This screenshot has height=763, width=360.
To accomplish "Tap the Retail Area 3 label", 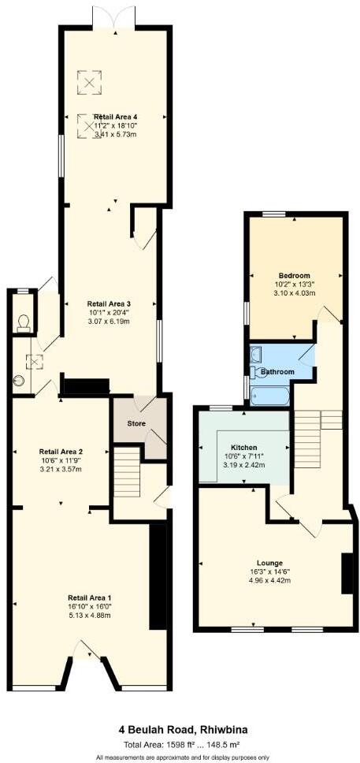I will (x=108, y=303).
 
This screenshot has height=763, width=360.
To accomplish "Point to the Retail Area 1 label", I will (x=89, y=597).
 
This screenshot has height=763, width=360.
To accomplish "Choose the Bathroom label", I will (x=277, y=371).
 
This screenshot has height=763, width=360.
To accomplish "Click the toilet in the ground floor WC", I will (x=23, y=321).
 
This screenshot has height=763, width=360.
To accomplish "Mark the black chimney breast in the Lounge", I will (x=345, y=574).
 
